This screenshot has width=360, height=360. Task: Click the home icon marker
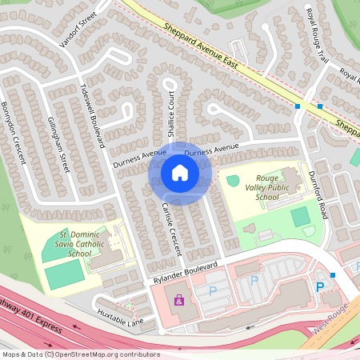(x=180, y=173)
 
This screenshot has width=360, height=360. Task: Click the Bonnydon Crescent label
(x=14, y=132)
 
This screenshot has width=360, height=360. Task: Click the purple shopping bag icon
(x=178, y=301)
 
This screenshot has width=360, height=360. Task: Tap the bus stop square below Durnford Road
(x=332, y=275)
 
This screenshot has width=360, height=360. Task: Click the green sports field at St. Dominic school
(x=65, y=274)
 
